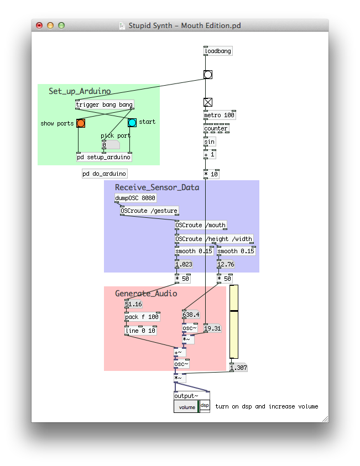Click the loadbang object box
(218, 51)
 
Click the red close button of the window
(39, 25)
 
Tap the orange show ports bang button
(81, 123)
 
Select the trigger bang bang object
(104, 104)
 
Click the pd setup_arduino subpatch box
(104, 157)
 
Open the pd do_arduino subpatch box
(105, 174)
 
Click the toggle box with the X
(208, 102)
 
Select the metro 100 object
(220, 116)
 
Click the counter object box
(216, 128)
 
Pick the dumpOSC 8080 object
(135, 198)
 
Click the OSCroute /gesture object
(149, 211)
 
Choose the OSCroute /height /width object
(214, 239)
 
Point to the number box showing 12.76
(227, 264)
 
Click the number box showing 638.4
(191, 315)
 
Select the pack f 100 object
(142, 317)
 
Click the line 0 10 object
(140, 331)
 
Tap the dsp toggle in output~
(205, 406)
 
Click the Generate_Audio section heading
(146, 294)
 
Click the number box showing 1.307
(238, 368)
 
